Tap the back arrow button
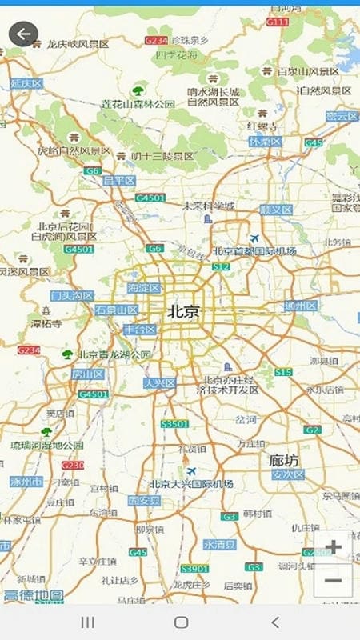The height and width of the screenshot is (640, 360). point(23,34)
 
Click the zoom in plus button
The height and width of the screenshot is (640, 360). point(334,548)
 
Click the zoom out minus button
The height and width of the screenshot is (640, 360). point(334,581)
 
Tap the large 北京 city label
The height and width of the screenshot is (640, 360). point(183,312)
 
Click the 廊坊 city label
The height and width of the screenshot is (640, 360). point(283,460)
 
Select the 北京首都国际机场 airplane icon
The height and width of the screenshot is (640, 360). point(254,238)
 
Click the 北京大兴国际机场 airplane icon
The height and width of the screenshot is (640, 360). point(191,471)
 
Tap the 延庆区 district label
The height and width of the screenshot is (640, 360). point(25,83)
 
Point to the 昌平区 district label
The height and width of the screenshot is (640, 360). point(119,181)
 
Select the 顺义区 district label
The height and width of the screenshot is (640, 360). point(276,210)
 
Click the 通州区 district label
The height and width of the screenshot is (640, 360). point(301,306)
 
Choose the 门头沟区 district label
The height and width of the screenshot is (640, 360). point(72,295)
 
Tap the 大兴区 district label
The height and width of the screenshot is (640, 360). point(159,383)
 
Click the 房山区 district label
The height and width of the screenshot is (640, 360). point(88,374)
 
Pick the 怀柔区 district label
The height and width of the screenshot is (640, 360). point(266,141)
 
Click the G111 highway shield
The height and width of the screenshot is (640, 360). point(277,22)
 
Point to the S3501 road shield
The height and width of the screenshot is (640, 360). point(174,423)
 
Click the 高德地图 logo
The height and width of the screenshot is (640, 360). point(33,595)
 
